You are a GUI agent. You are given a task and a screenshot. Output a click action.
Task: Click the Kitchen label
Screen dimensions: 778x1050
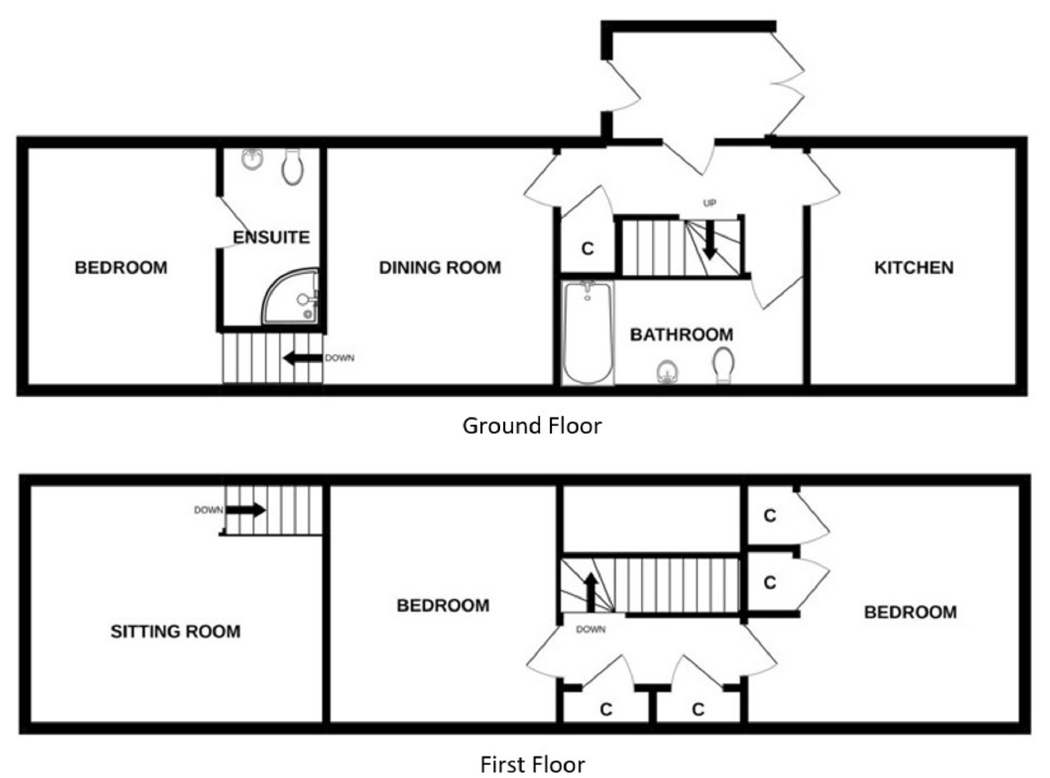914,267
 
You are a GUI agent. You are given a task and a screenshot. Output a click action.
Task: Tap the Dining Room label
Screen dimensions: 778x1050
440,267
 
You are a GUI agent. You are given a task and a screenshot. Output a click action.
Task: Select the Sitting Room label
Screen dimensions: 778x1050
175,631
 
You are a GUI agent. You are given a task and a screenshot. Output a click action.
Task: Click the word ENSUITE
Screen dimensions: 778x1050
271,237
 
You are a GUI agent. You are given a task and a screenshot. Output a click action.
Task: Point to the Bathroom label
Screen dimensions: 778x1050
681,335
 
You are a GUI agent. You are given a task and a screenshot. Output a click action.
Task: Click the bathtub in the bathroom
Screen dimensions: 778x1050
587,332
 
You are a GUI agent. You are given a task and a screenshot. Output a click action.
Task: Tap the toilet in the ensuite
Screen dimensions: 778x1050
292,166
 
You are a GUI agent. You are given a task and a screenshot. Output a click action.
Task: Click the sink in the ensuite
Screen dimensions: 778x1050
253,159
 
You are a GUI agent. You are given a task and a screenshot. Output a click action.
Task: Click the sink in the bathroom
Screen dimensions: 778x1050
667,372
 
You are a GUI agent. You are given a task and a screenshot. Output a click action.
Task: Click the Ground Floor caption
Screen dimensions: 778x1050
532,426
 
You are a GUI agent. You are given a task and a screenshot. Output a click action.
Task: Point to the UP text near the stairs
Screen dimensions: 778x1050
709,203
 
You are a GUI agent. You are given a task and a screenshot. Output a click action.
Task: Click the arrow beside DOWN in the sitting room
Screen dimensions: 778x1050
246,510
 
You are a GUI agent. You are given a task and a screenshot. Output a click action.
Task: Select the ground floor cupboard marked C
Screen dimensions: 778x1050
587,249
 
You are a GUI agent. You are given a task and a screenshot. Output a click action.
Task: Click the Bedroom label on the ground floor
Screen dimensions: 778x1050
121,267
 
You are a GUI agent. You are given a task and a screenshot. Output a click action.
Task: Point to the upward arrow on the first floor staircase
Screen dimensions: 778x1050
591,592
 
